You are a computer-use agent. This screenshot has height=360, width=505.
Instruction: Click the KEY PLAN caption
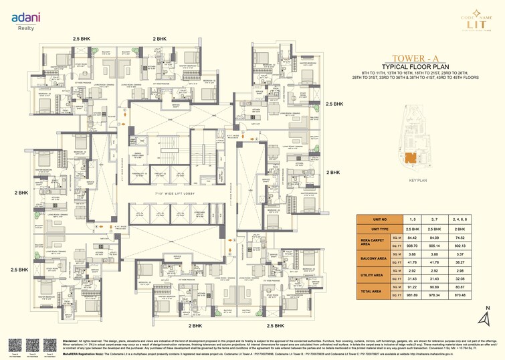(x=418, y=181)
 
